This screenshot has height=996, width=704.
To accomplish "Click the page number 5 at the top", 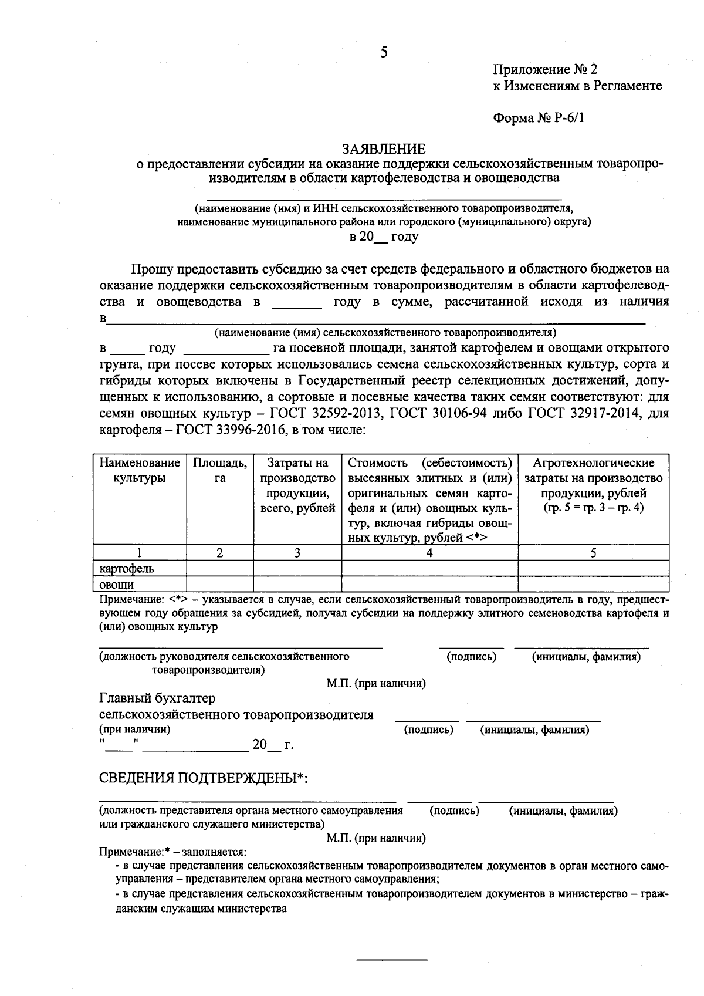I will [x=384, y=53].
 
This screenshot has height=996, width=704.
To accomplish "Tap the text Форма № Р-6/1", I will [x=539, y=118].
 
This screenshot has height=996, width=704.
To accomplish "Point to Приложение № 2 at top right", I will [x=545, y=70].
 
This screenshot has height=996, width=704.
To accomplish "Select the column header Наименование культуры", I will [x=140, y=470].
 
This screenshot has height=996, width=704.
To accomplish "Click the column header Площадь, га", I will [x=220, y=470].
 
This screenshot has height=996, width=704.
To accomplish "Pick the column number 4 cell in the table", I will [x=429, y=552].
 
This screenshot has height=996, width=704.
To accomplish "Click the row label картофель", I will [x=127, y=568].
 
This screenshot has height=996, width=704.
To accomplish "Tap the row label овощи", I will [x=117, y=584].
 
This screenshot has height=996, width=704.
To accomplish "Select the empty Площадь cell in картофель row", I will [x=220, y=568].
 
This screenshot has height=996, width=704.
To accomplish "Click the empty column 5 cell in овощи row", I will [x=593, y=584].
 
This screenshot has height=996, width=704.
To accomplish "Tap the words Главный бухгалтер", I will [x=157, y=698].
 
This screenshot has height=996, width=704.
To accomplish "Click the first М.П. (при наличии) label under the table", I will [x=376, y=683].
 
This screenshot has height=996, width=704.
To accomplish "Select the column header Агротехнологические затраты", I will [x=593, y=485].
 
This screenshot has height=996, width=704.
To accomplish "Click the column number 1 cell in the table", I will [x=140, y=552].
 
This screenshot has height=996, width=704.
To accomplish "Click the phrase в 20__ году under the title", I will [x=384, y=237].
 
